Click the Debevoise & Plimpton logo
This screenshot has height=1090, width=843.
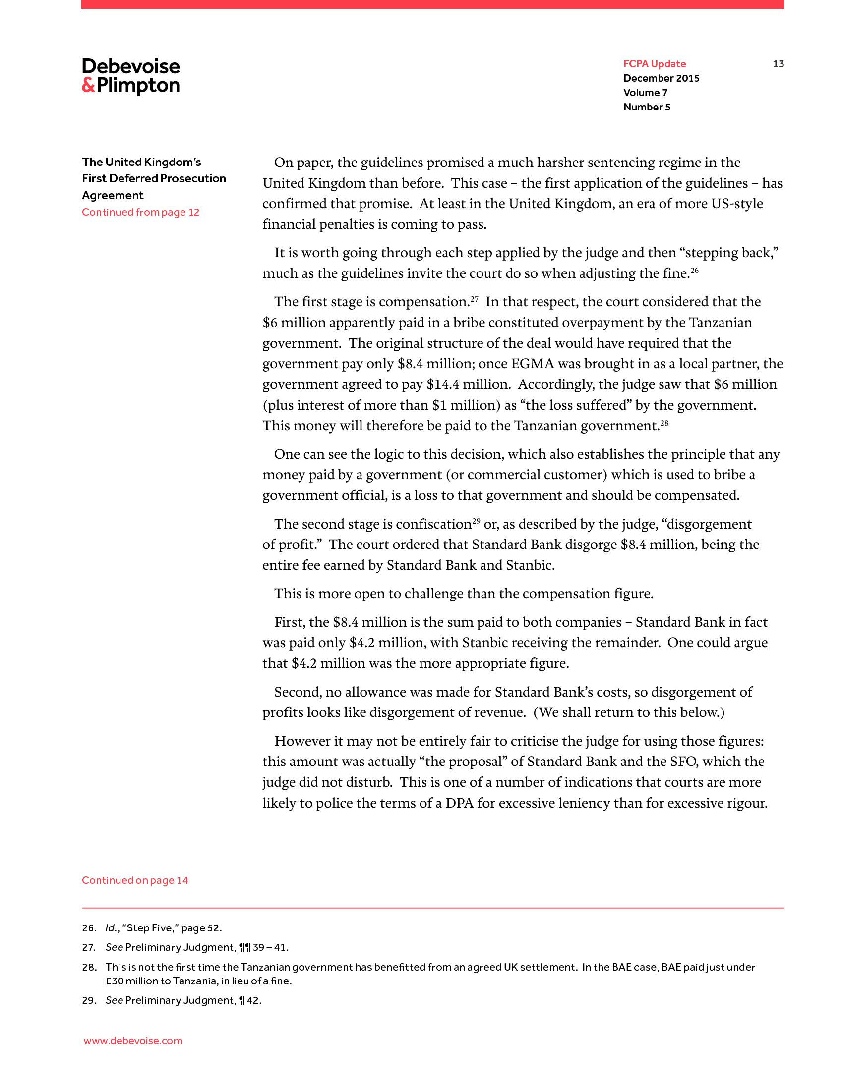(x=131, y=76)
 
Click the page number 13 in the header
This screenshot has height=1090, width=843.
(x=778, y=64)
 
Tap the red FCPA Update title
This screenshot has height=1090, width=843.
(x=654, y=64)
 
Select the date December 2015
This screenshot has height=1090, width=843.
(x=661, y=78)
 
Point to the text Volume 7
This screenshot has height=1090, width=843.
(x=645, y=93)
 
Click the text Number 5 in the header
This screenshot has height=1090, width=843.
(x=647, y=108)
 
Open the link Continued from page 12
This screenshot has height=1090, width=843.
(x=140, y=212)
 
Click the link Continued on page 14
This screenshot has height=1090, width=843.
(x=135, y=880)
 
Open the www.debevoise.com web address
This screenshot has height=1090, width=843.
(x=133, y=1041)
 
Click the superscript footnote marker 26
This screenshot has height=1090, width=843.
(x=694, y=270)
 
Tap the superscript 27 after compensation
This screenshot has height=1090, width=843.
(x=475, y=298)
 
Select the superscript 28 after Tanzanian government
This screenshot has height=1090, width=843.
(x=664, y=422)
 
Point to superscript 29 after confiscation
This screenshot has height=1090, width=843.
(x=476, y=521)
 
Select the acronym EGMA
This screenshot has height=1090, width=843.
(x=533, y=364)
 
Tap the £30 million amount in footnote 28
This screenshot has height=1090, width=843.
(x=130, y=981)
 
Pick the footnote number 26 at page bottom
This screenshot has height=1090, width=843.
(x=89, y=928)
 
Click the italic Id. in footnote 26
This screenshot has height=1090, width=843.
(x=112, y=928)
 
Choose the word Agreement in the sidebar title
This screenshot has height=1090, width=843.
(x=113, y=195)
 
